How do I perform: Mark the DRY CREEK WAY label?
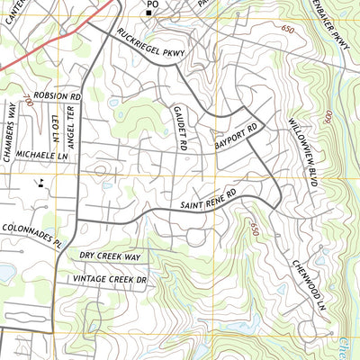(111, 256)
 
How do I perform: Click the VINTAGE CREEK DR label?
(112, 281)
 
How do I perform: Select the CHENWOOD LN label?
(307, 283)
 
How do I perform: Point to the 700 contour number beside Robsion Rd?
(28, 103)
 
